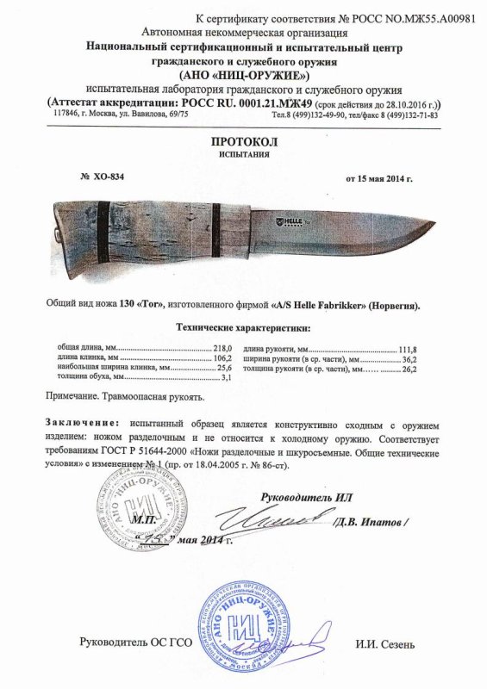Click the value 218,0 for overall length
pos(224,347)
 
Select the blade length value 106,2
pos(224,357)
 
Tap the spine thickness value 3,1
pos(228,378)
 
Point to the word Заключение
pos(78,426)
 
